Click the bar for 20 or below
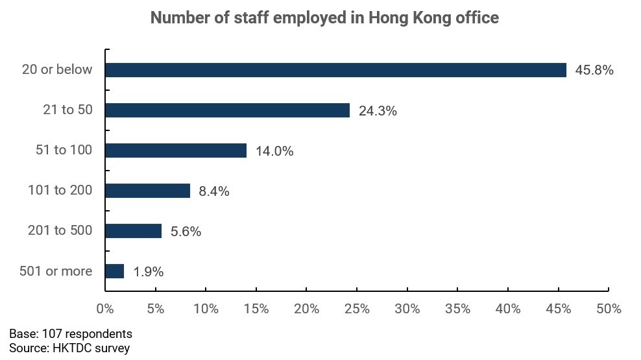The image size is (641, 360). [x=335, y=70]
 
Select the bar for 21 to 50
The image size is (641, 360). [x=227, y=110]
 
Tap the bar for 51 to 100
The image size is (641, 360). [x=175, y=150]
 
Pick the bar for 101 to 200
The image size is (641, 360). [x=147, y=191]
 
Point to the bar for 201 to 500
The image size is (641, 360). [x=133, y=231]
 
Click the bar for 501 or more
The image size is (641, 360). [x=114, y=271]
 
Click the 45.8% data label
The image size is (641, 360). [x=594, y=70]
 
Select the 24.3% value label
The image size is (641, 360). [x=378, y=111]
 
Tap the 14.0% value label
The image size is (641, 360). [x=274, y=151]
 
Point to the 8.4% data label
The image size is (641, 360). [x=214, y=191]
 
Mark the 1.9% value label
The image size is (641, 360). [x=149, y=272]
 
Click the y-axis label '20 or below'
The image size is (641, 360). [x=57, y=70]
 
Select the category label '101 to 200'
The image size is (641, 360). [x=60, y=191]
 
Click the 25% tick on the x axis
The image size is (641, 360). [x=357, y=309]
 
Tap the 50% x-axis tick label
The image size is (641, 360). [x=609, y=309]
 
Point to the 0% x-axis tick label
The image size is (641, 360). [x=105, y=309]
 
